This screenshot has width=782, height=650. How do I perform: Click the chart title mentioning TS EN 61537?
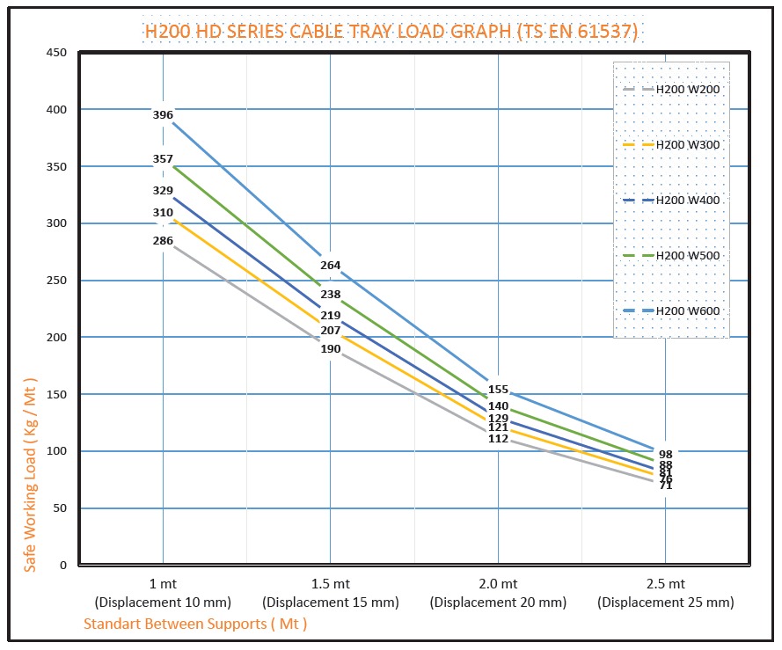[391, 33]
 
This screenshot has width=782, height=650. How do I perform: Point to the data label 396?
[163, 115]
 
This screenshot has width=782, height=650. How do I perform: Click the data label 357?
[163, 159]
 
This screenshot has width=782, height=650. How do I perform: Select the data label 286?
[163, 240]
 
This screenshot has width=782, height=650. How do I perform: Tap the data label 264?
[330, 266]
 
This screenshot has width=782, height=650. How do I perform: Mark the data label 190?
[330, 349]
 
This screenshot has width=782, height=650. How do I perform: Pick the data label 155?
[498, 390]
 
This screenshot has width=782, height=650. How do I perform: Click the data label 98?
[666, 455]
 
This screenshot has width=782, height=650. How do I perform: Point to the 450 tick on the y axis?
[56, 53]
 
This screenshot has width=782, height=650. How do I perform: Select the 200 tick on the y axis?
[56, 337]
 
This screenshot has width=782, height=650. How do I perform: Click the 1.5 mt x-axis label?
[330, 584]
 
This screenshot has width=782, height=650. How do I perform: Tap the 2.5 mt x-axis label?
[665, 584]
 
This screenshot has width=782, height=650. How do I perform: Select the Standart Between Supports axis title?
[195, 624]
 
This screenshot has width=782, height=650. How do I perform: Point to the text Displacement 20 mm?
[498, 603]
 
